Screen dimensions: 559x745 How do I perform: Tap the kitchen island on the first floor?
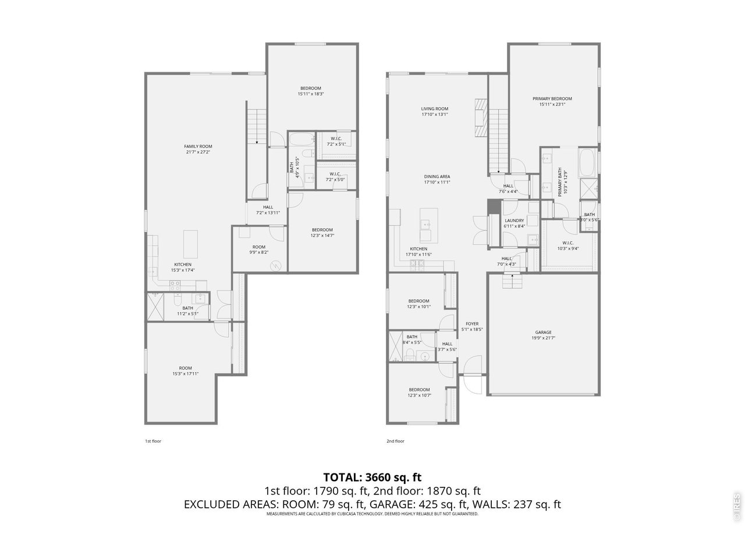point(190,244)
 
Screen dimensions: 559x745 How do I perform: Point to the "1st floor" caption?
point(153,441)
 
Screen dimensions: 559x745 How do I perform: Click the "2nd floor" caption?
point(395,441)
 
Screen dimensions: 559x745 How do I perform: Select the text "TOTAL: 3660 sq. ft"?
point(372,477)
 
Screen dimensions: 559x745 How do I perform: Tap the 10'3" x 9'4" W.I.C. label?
point(568,245)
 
